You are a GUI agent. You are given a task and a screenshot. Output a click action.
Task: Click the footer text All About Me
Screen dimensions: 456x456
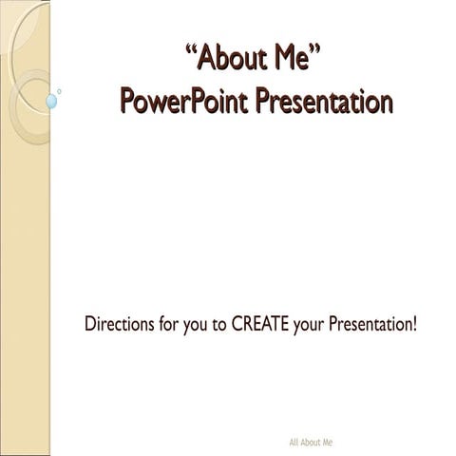(311, 443)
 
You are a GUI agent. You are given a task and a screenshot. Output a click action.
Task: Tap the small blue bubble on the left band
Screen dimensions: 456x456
(51, 100)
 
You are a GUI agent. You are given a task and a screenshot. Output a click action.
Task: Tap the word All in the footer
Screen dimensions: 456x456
(294, 443)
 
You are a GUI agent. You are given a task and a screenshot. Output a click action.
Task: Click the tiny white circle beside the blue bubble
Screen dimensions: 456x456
(59, 92)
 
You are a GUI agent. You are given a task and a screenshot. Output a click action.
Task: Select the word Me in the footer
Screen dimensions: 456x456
(327, 443)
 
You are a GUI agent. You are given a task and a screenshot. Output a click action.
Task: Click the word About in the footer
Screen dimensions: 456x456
(311, 443)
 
